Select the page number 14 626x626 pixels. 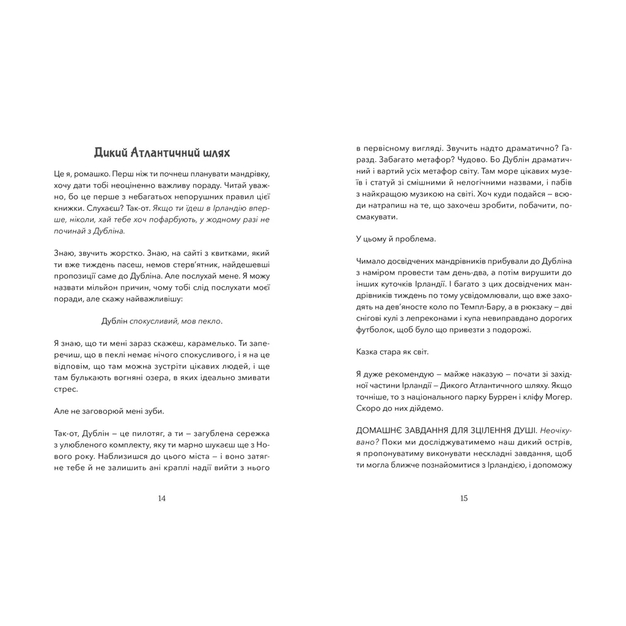click(x=162, y=498)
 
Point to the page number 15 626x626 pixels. click(x=464, y=498)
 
